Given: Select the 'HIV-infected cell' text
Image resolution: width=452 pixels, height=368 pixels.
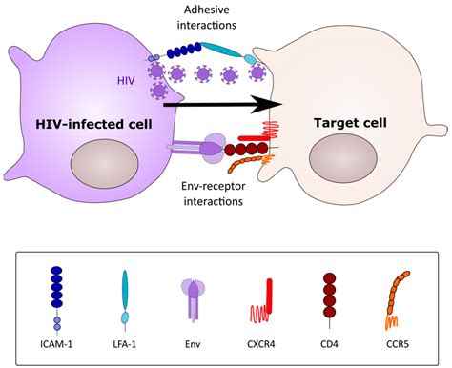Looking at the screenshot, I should pyautogui.click(x=93, y=124).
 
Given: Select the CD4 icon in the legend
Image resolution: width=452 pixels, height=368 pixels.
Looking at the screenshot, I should pyautogui.click(x=331, y=297).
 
